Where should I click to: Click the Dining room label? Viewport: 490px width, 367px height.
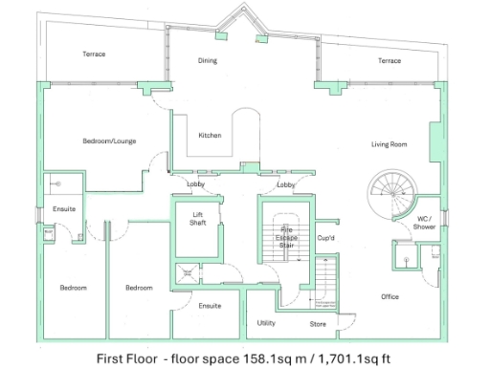(x=208, y=60)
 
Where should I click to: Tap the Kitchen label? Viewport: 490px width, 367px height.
(x=210, y=135)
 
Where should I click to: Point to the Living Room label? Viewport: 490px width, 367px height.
(x=390, y=144)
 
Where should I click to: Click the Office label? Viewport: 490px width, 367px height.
(x=389, y=296)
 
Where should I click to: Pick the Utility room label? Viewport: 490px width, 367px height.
(x=266, y=323)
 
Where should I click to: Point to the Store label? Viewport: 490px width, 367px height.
(x=318, y=323)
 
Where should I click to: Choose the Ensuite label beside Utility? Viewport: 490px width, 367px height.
(x=211, y=306)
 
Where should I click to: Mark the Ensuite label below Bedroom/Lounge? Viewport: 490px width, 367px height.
(x=63, y=209)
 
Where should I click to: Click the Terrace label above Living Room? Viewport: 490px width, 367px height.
(x=389, y=60)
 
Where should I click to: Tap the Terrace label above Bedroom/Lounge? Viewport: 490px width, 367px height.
(x=94, y=54)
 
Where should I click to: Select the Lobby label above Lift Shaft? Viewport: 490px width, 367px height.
(x=195, y=183)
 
